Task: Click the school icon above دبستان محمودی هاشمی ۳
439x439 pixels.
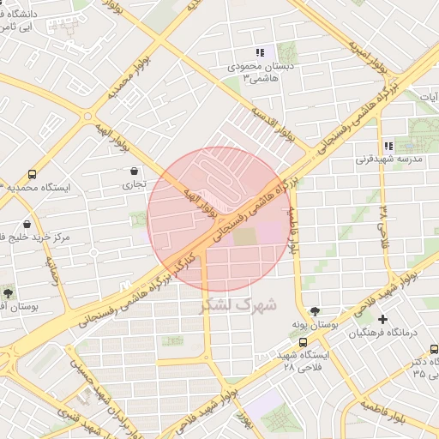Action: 260,53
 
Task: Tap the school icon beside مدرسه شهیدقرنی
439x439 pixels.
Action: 388,146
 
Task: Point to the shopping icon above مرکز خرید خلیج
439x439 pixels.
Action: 27,225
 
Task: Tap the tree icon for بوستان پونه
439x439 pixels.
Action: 316,312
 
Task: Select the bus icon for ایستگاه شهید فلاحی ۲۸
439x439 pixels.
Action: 303,342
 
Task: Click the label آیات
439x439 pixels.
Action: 429,97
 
